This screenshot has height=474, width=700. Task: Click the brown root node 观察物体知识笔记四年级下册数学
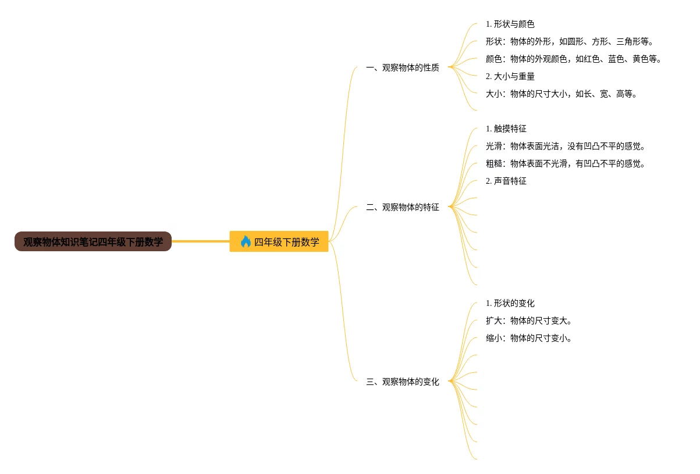tap(93, 242)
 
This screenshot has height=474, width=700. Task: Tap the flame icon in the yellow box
tap(246, 242)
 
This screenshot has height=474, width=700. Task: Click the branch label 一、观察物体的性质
tap(402, 67)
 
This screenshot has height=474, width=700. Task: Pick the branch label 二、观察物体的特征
tap(402, 207)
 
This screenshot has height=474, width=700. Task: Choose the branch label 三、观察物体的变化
tap(402, 382)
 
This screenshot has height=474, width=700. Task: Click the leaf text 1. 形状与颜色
tap(510, 24)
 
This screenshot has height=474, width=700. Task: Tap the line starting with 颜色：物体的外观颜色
tap(574, 59)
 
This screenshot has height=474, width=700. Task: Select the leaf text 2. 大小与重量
tap(510, 76)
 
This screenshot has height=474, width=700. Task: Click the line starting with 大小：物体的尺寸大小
tap(562, 94)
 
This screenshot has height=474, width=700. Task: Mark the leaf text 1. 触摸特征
tap(506, 129)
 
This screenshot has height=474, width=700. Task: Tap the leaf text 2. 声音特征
tap(506, 181)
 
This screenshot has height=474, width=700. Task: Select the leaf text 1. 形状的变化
tap(510, 303)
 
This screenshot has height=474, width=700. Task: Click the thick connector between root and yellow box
tap(201, 241)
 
